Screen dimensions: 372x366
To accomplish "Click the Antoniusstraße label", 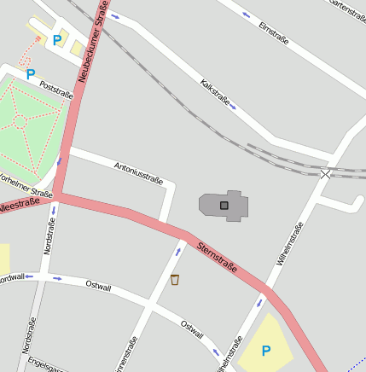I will [x=138, y=167].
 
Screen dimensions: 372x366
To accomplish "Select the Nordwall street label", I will [x=12, y=277].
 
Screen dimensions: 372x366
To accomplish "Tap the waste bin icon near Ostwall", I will [x=175, y=279].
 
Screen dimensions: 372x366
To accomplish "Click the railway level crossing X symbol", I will [x=325, y=174].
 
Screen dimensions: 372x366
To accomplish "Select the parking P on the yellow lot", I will [x=266, y=350].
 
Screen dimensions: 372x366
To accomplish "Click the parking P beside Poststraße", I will [x=31, y=74].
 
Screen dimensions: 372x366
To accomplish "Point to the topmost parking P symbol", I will [x=57, y=39].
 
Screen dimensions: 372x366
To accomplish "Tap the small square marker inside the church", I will [x=224, y=205].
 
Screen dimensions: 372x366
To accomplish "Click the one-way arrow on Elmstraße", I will [x=247, y=15].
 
